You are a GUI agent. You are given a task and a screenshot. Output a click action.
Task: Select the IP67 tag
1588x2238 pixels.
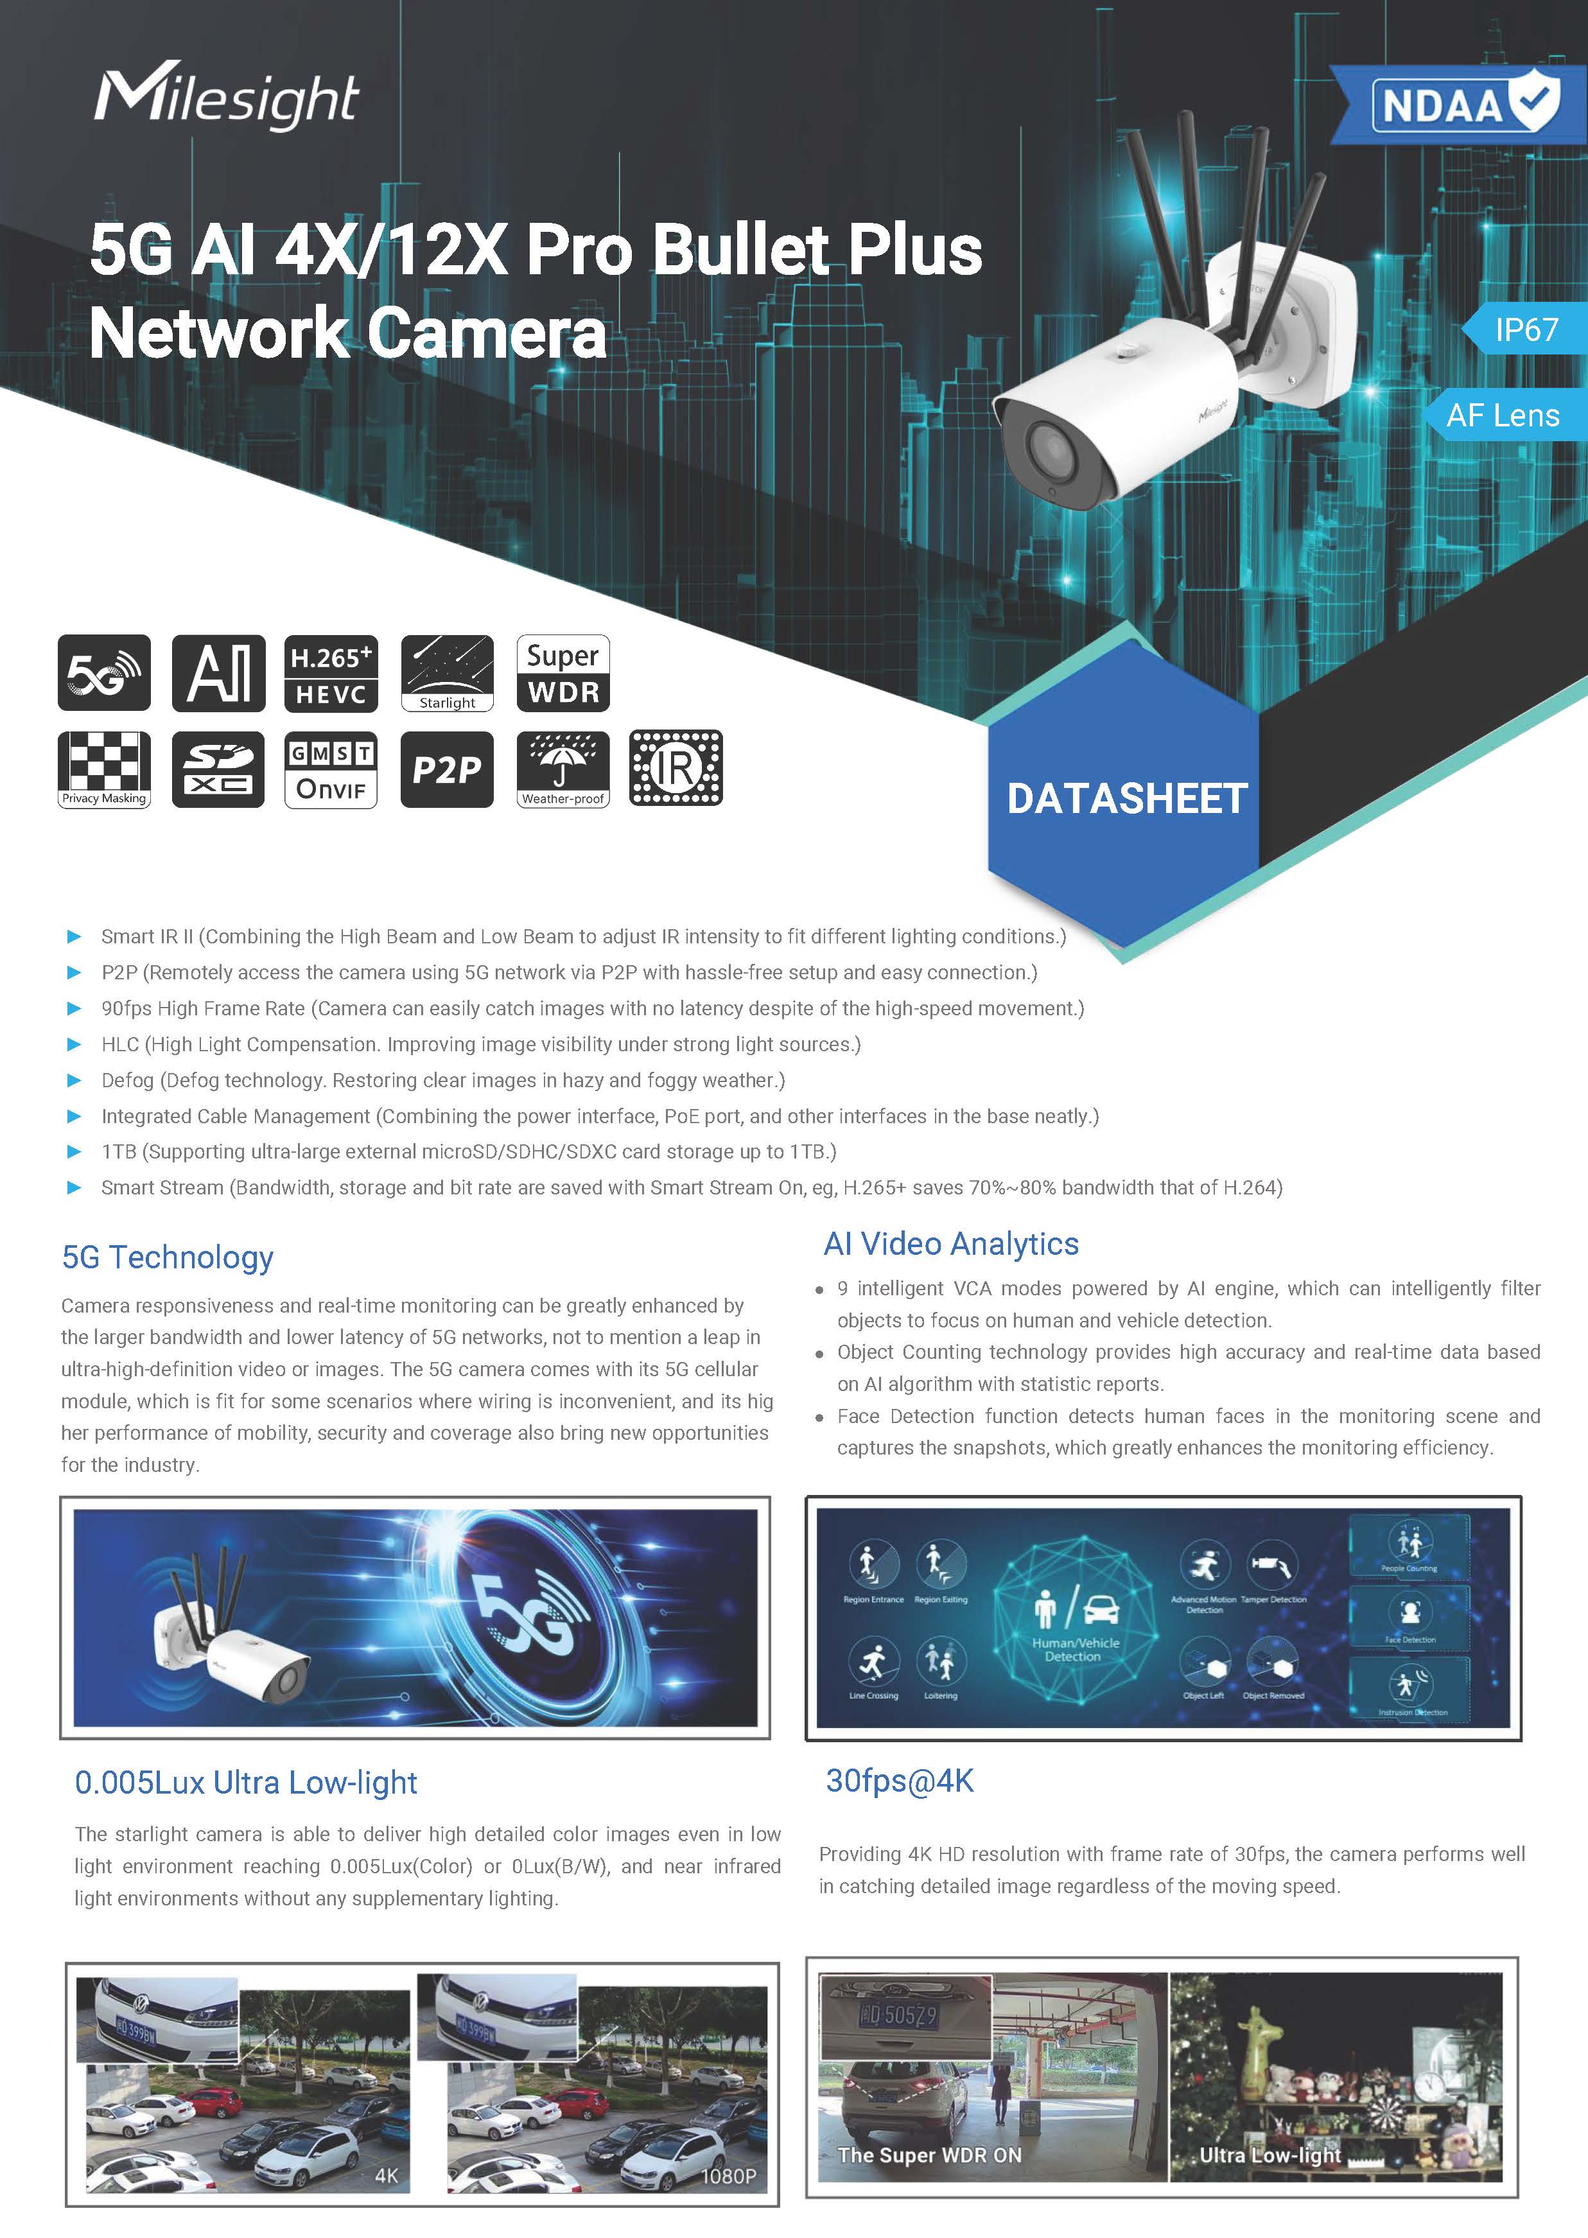click(1526, 329)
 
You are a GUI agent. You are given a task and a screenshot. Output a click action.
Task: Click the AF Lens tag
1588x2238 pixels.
click(1503, 415)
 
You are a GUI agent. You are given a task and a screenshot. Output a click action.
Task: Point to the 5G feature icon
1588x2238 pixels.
click(103, 672)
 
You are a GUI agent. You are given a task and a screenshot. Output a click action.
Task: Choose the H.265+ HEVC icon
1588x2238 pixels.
click(331, 672)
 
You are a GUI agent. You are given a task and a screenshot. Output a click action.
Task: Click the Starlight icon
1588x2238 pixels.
click(447, 672)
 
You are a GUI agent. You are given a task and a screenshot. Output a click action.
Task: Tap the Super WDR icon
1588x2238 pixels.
click(563, 672)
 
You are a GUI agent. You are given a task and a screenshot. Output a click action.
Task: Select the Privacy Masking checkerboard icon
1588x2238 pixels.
click(103, 769)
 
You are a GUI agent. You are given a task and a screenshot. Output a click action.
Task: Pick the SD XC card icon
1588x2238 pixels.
click(218, 769)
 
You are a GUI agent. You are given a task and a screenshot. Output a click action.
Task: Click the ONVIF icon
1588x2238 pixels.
click(331, 769)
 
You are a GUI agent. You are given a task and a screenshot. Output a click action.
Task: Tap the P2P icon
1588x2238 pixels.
click(447, 769)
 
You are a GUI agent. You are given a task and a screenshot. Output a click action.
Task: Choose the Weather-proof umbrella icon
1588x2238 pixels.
click(563, 769)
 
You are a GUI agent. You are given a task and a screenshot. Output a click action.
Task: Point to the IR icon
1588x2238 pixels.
click(676, 769)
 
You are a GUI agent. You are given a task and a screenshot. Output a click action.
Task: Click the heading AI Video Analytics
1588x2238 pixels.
click(950, 1244)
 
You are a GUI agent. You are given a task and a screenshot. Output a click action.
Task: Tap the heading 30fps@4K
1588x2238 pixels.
click(900, 1780)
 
